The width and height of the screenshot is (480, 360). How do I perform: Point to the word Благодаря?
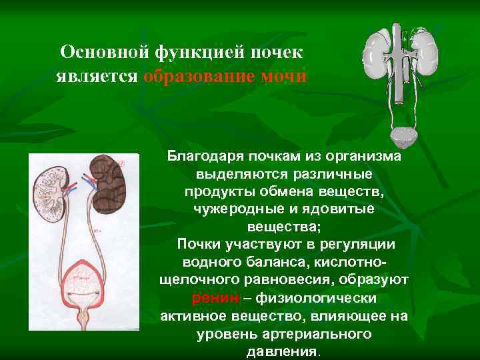point(203,157)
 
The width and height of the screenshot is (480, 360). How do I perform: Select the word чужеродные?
point(232,209)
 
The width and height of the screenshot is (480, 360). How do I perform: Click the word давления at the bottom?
point(283,351)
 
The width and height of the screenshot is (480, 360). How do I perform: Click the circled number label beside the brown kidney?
point(122,163)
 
